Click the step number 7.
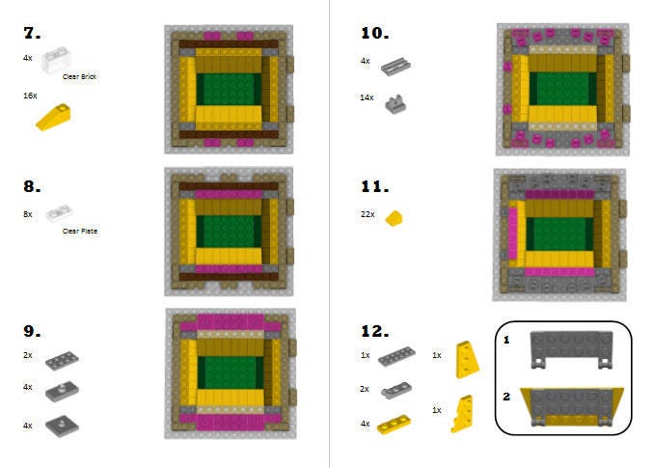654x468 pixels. (x=32, y=33)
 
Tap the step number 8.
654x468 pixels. (x=32, y=186)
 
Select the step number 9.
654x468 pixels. (x=32, y=331)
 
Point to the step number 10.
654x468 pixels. (x=374, y=33)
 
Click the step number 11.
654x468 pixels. (x=374, y=186)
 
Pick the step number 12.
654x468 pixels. (x=374, y=331)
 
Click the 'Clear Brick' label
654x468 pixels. (x=79, y=77)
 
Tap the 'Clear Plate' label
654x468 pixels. (x=80, y=231)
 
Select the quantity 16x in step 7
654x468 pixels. (x=30, y=96)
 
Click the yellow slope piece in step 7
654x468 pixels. (x=53, y=117)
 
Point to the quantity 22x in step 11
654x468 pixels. (x=368, y=214)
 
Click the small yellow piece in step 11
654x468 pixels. (x=394, y=218)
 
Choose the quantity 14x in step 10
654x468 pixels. (x=367, y=97)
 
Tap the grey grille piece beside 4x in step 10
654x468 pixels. (x=395, y=67)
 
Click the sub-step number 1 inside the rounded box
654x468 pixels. (x=506, y=340)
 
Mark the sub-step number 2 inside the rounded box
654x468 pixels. (x=506, y=397)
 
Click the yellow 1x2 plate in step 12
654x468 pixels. (x=394, y=425)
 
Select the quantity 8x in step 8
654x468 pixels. (x=28, y=214)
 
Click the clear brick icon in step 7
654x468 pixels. (x=56, y=60)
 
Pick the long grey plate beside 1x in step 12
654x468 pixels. (x=396, y=357)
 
